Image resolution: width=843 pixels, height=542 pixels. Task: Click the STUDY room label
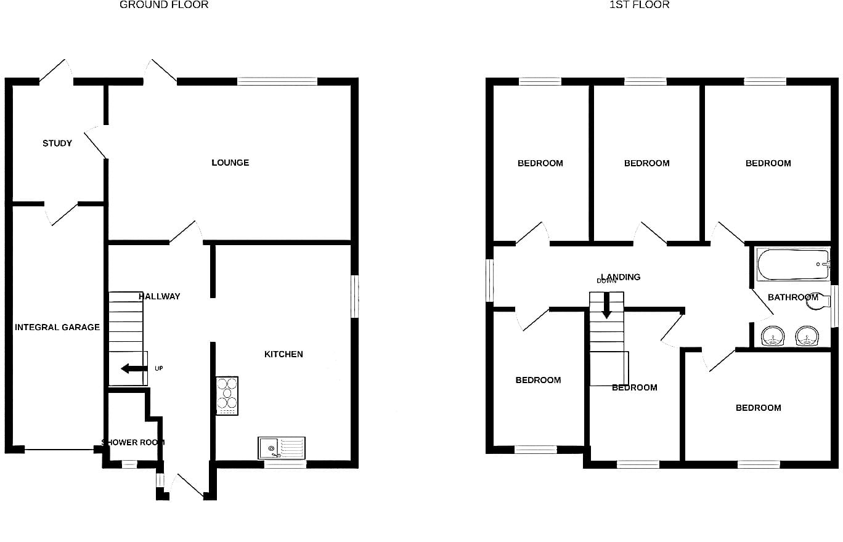pos(57,144)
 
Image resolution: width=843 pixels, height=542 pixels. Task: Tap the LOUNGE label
pos(230,163)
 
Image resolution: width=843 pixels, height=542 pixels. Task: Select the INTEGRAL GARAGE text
pos(57,327)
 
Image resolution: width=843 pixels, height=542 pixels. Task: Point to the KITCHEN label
pos(283,354)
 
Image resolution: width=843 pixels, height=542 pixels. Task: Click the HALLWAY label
pos(160,296)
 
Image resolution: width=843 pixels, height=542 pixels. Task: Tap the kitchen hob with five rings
pos(227,396)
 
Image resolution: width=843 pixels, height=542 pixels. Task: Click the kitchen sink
pos(282,448)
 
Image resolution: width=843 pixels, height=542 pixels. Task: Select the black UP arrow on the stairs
pos(134,368)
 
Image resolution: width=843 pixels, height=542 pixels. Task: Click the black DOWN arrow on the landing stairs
pos(606,305)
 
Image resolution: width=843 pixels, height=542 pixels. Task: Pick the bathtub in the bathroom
pos(793,264)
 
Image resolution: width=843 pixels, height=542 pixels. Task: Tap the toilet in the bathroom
pos(819,302)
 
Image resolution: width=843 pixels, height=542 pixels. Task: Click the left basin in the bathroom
pos(773,336)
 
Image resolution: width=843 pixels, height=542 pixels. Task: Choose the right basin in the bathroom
pos(807,336)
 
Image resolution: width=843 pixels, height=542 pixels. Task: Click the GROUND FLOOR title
pos(164,5)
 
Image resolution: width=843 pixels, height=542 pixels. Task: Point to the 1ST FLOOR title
pos(640,5)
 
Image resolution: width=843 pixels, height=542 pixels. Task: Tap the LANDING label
pos(621,277)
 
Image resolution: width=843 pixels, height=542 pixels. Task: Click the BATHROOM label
pos(793,297)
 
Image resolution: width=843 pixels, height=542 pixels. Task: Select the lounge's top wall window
pos(277,81)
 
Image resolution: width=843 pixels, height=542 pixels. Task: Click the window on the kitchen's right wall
pos(354,296)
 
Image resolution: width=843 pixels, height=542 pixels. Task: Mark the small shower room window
pos(129,464)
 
